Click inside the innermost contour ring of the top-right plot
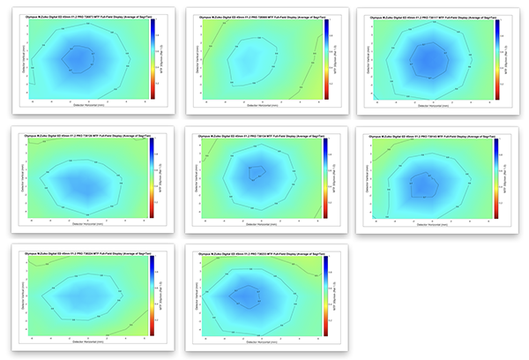430,59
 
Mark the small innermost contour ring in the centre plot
257,172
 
